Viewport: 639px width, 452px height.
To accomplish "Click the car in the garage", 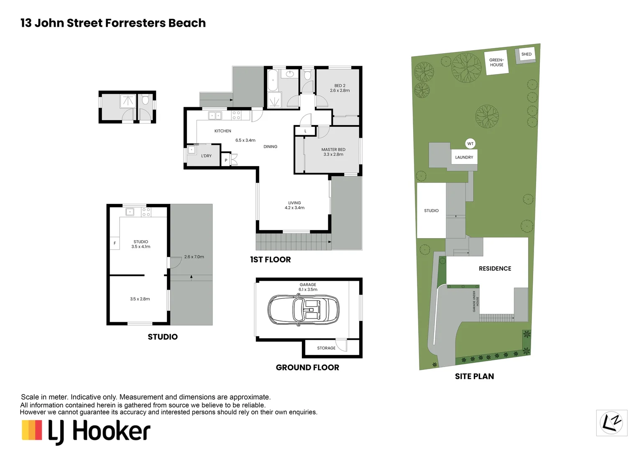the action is (x=303, y=310).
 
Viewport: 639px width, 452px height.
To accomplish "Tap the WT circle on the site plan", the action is (x=470, y=144).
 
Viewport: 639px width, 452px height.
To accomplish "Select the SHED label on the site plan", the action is (x=527, y=54).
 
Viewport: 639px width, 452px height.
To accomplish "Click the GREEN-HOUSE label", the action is (x=496, y=62).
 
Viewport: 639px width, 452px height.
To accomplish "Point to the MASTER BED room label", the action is (x=333, y=152).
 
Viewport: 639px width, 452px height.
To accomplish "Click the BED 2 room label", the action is (x=340, y=88).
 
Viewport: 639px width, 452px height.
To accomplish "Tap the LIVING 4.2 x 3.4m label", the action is (x=294, y=205).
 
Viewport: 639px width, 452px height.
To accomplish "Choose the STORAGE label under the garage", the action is (x=326, y=348).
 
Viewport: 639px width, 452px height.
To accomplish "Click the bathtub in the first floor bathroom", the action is (x=273, y=80).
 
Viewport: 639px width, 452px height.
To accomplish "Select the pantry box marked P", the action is (x=226, y=160).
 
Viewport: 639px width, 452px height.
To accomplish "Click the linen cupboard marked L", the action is (x=305, y=131).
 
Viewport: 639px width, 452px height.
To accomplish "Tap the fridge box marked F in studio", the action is (x=115, y=243).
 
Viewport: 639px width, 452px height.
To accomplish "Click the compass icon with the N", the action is (x=611, y=423).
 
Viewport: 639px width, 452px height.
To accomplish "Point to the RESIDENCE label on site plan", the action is (x=495, y=268).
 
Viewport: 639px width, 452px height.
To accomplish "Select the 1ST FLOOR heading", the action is (x=271, y=259).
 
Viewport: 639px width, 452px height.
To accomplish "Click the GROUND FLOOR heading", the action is (x=307, y=367).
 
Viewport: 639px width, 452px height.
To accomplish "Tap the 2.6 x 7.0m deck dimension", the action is (x=194, y=257).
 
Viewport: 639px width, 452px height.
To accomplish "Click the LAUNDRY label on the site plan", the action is (x=464, y=157).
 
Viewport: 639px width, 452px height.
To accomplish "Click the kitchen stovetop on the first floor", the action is (x=236, y=116).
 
